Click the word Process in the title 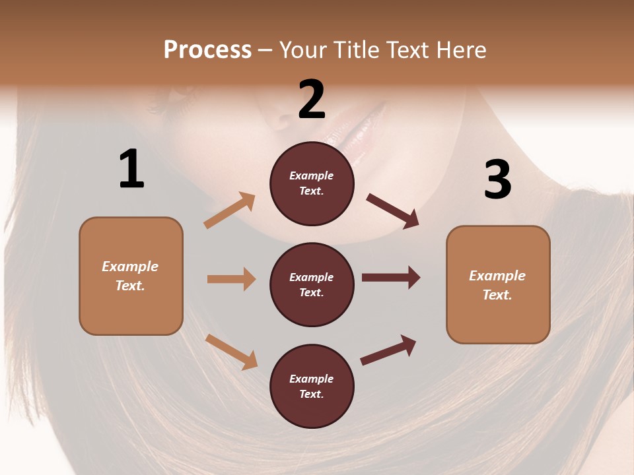(x=207, y=50)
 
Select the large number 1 (x=131, y=169)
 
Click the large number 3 (x=497, y=179)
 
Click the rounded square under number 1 (x=131, y=276)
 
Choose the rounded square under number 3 (x=498, y=285)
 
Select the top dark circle (x=312, y=183)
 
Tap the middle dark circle (x=312, y=285)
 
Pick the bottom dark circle (x=312, y=387)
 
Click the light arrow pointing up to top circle (x=230, y=210)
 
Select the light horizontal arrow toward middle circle (x=231, y=279)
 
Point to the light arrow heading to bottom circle (x=231, y=352)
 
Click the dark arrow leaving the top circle (x=393, y=211)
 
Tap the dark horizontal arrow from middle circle (x=391, y=278)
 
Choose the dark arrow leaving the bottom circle (x=388, y=350)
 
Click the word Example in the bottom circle (x=312, y=379)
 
